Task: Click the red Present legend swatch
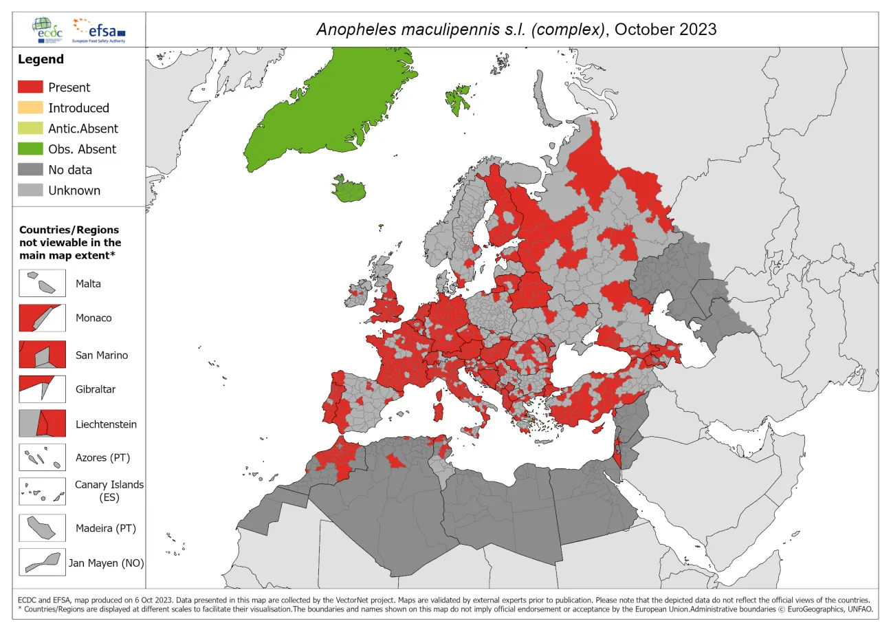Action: (x=30, y=87)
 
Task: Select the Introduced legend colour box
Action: (x=30, y=108)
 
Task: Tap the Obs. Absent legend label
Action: (x=82, y=149)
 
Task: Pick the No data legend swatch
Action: (x=30, y=170)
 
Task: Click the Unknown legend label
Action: (x=74, y=191)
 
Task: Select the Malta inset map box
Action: (x=42, y=283)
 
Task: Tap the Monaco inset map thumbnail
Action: (x=42, y=318)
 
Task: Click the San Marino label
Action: (x=102, y=356)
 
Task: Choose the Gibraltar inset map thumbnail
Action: (x=42, y=389)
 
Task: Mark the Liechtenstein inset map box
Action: (x=42, y=424)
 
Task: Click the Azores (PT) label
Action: (x=102, y=457)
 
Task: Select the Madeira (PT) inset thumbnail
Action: (x=42, y=528)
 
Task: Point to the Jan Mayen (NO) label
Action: (x=106, y=563)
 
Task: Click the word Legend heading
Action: (x=41, y=60)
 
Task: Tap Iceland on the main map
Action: (x=349, y=189)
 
